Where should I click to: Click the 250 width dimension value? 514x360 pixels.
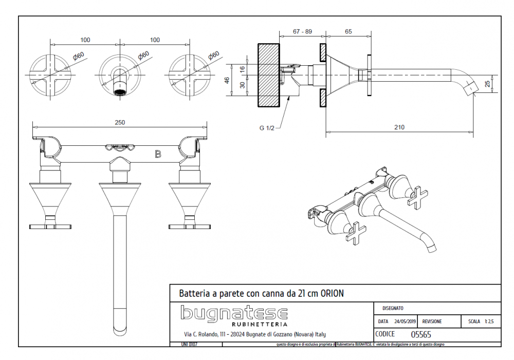pyautogui.click(x=120, y=122)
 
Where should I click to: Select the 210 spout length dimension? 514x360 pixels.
pyautogui.click(x=399, y=127)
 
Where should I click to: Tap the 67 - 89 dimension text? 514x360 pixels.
pyautogui.click(x=303, y=31)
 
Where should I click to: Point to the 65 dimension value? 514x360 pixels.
pyautogui.click(x=348, y=31)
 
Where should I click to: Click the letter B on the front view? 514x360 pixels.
pyautogui.click(x=158, y=154)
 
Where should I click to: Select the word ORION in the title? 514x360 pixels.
pyautogui.click(x=332, y=294)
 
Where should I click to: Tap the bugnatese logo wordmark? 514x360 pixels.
pyautogui.click(x=234, y=313)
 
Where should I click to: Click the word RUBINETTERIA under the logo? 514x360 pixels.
pyautogui.click(x=260, y=325)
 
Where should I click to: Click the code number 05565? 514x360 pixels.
pyautogui.click(x=421, y=334)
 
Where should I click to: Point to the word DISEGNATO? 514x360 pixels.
pyautogui.click(x=393, y=308)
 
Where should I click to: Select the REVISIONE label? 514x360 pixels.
pyautogui.click(x=432, y=321)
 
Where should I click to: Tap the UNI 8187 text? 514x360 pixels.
pyautogui.click(x=189, y=344)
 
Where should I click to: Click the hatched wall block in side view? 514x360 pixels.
pyautogui.click(x=268, y=75)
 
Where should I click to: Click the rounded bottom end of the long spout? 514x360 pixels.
pyautogui.click(x=119, y=329)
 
